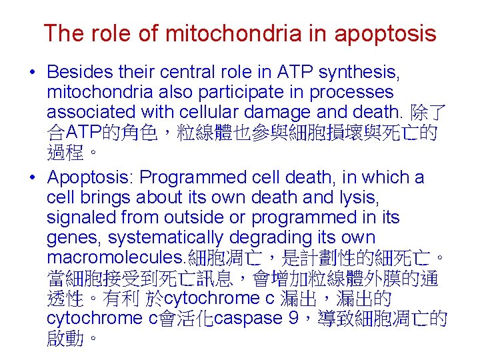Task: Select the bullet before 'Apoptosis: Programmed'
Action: pos(33,178)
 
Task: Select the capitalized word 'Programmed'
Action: pos(194,178)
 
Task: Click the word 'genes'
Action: pos(73,238)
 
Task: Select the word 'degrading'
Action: pos(273,238)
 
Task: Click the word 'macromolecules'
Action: pos(117,258)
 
